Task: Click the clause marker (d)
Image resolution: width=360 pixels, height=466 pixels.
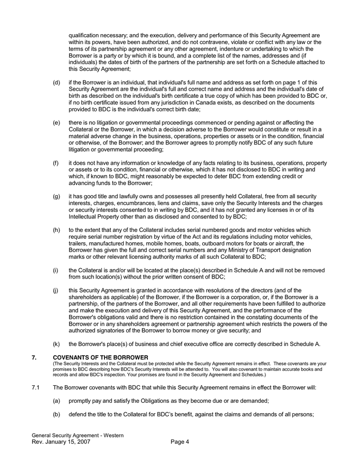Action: pos(56,82)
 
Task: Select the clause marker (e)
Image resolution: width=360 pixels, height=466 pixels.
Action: pos(56,123)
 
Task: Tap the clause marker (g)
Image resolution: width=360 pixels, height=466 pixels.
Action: pos(56,197)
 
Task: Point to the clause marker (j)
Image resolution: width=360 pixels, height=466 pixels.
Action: pos(56,290)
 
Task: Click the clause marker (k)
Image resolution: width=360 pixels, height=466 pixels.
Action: pos(56,344)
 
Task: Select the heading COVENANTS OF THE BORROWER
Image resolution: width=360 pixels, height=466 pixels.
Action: pos(100,357)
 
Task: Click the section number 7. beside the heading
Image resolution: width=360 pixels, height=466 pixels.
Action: pos(34,357)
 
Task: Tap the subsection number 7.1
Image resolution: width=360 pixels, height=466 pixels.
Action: pos(36,387)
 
